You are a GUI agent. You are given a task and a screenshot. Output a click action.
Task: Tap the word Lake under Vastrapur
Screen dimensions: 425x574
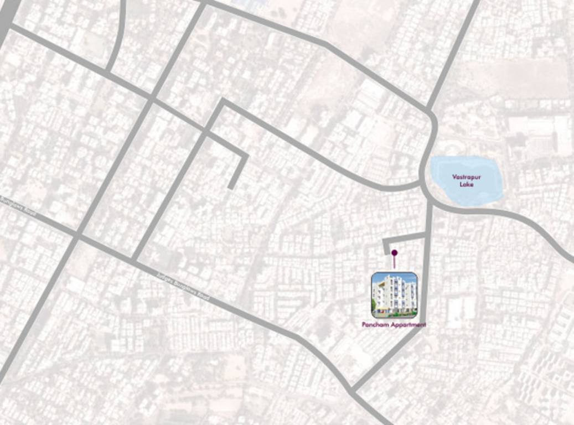(466, 184)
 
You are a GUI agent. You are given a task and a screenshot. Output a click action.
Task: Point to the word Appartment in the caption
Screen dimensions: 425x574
(408, 325)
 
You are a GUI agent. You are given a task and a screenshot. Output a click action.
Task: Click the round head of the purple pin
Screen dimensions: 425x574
(394, 253)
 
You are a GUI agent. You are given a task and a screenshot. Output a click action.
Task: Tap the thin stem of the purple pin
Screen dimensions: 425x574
(394, 262)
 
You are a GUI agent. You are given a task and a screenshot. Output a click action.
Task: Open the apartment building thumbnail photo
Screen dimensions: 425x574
(394, 295)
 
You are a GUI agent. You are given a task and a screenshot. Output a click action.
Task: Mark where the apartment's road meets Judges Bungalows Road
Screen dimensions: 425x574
(353, 391)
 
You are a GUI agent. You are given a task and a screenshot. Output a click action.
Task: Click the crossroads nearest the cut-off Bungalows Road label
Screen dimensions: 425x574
(77, 236)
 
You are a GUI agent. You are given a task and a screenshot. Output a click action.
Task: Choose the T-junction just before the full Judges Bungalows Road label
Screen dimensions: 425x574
(133, 258)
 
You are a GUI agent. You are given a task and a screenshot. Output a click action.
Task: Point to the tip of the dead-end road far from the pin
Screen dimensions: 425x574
(230, 187)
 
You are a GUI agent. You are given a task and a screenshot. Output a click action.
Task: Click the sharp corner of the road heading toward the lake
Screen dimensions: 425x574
(223, 102)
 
